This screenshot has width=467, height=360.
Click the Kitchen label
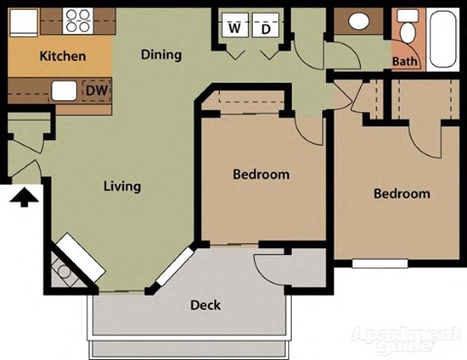point(62,56)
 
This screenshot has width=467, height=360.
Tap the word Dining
point(162,54)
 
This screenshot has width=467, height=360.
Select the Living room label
point(123,186)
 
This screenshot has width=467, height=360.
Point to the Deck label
point(205,305)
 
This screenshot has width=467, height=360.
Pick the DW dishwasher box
point(95,91)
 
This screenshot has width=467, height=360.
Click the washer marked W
point(234,27)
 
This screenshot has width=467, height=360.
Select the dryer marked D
point(266,27)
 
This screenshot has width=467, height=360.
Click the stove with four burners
point(77,19)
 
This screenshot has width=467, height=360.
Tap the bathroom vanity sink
point(357,21)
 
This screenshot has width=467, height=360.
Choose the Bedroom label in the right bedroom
point(402,194)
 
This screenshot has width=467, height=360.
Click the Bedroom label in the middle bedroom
point(261,174)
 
